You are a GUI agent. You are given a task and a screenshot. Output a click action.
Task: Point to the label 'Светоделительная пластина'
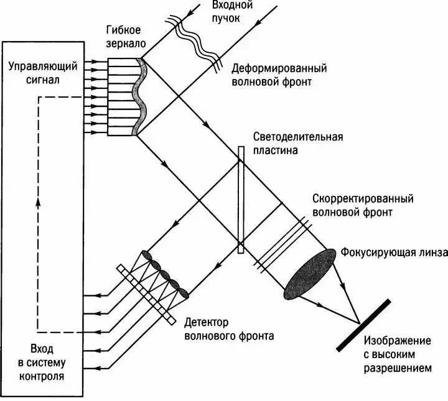298,143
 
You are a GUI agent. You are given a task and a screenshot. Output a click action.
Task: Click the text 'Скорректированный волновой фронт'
362,205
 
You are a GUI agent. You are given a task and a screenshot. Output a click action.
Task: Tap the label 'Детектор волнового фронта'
223,330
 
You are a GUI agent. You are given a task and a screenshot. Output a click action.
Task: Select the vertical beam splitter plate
240,199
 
